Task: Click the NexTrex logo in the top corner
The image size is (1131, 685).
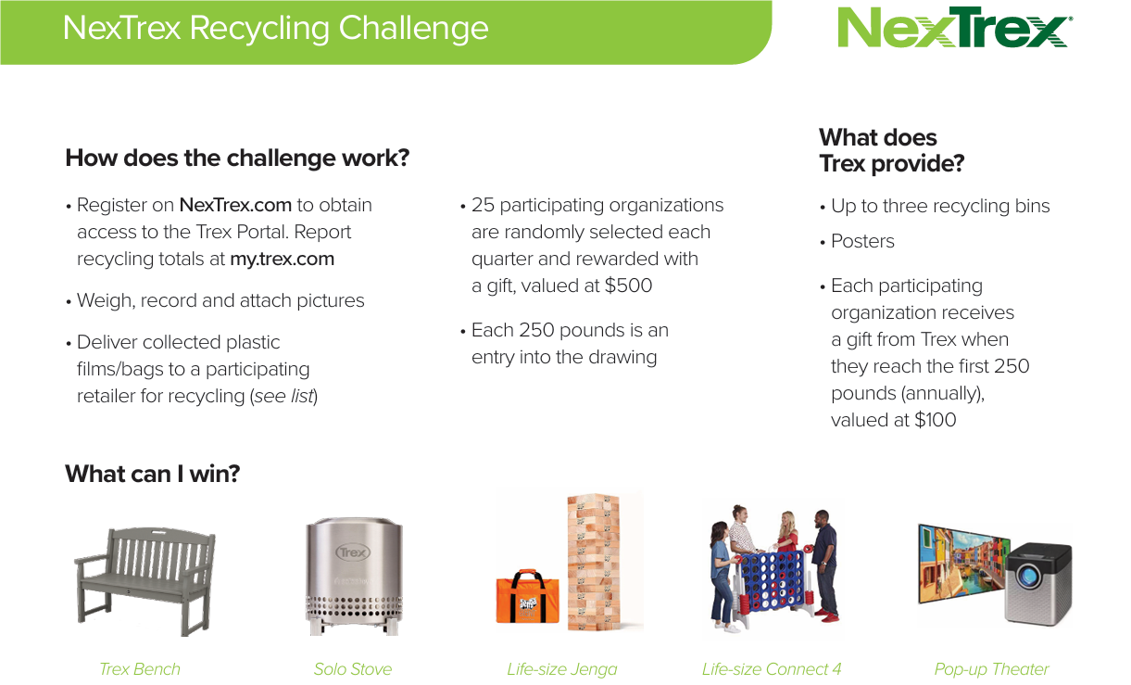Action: pos(955,27)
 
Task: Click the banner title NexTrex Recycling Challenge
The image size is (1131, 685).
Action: pos(276,28)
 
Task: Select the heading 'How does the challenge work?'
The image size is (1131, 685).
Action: pos(237,159)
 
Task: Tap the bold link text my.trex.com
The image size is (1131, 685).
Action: pos(282,259)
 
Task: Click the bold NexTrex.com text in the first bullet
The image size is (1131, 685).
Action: pos(235,205)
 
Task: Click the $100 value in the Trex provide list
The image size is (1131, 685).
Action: pos(936,420)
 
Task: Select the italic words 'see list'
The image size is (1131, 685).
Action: pos(284,396)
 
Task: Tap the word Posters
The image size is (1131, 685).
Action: pos(862,242)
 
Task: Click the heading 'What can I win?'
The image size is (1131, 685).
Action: pos(153,474)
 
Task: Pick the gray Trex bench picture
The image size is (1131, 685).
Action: pos(145,581)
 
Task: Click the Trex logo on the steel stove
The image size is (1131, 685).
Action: pos(353,552)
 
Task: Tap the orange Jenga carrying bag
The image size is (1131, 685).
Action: pos(528,597)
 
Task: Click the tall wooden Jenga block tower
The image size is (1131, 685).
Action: pos(594,563)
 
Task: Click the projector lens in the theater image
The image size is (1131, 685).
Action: pos(1027,576)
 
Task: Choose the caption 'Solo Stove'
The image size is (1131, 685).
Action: pos(352,669)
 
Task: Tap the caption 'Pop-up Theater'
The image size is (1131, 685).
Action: pos(991,669)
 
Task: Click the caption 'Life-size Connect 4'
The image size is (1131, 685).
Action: pos(772,669)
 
